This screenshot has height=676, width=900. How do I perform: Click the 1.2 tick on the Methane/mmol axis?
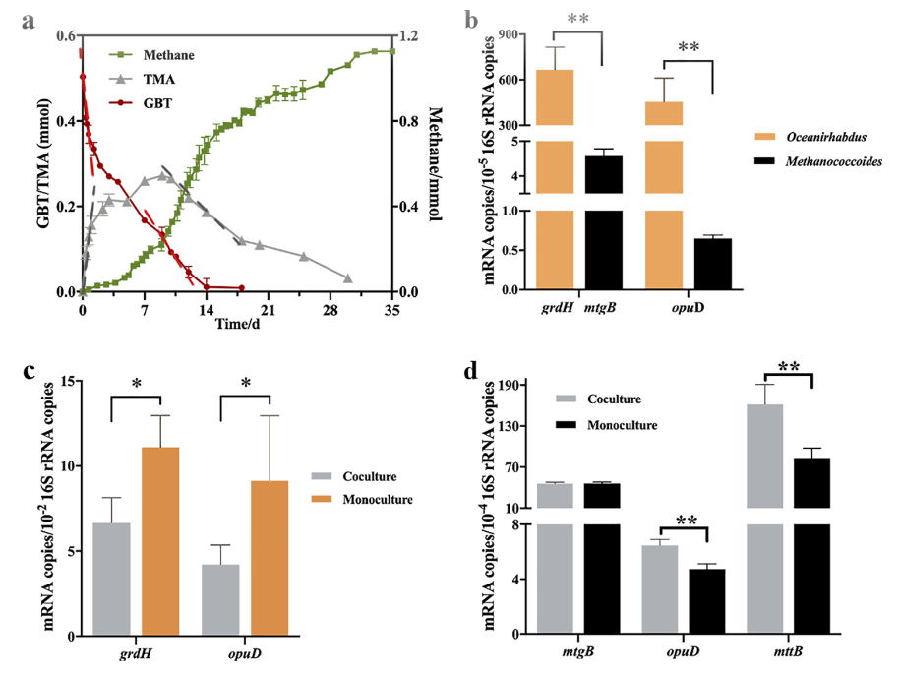[411, 36]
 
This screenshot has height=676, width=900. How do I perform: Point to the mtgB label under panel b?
[600, 309]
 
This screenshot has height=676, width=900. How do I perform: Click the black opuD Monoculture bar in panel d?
[707, 601]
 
